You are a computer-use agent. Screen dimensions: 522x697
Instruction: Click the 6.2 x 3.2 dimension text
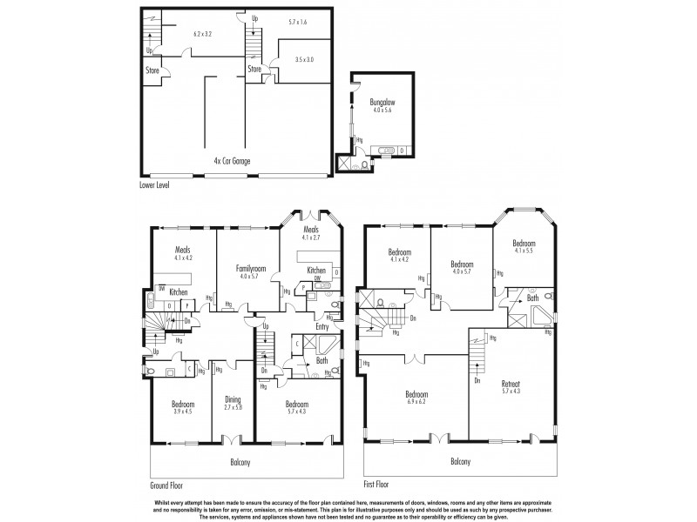point(203,34)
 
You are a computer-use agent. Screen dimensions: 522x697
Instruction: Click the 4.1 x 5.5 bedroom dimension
point(524,251)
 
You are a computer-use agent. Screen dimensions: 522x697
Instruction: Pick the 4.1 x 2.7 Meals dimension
point(311,238)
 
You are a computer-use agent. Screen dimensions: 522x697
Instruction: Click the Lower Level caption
point(154,185)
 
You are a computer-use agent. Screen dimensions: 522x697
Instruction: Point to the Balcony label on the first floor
point(462,462)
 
